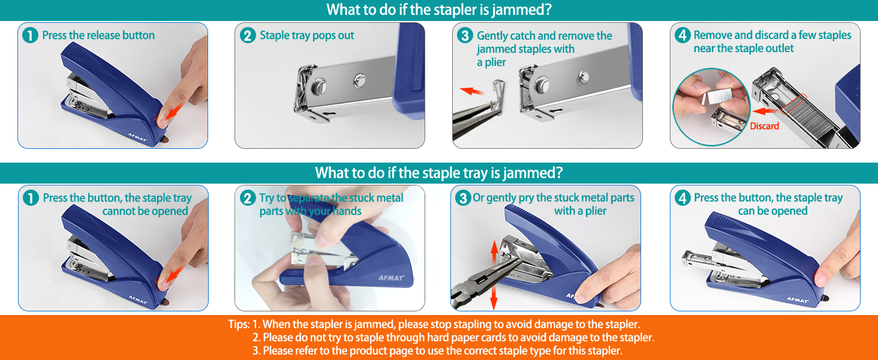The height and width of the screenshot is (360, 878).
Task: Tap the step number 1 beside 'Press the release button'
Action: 30,35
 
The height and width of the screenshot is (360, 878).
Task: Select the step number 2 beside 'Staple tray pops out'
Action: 248,35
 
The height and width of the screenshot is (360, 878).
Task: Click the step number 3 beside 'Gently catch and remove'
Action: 465,35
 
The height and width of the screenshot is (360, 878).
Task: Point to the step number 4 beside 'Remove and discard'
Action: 682,35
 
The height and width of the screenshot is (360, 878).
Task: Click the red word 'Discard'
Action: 764,126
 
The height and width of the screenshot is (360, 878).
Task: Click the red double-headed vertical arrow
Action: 494,275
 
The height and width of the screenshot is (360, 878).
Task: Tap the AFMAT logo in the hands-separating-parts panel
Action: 391,278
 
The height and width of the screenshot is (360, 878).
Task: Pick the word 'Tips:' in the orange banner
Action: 239,325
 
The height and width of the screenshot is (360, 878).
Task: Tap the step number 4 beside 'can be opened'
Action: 682,198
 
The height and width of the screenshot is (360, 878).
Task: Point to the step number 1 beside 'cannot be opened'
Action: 31,198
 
